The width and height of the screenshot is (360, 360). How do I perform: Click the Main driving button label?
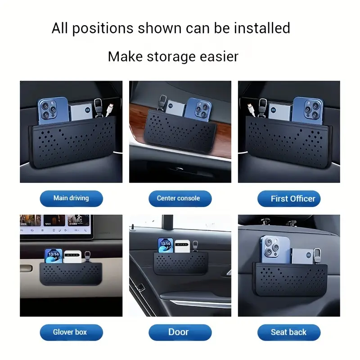coord(71,198)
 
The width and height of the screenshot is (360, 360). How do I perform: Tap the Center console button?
coord(180,198)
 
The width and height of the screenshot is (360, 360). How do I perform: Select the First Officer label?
coord(289,198)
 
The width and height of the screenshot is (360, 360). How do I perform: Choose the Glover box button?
coord(71,332)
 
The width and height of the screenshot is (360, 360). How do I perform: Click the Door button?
coord(180,332)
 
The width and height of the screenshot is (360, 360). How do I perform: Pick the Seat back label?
coord(289,332)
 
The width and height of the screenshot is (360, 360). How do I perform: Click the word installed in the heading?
coord(262,28)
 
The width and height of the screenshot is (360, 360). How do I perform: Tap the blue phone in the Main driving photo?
coord(53,111)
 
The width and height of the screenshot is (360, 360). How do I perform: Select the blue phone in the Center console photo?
coord(198,109)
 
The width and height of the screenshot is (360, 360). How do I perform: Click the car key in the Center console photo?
coord(162,103)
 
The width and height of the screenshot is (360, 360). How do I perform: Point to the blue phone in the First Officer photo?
coord(308,109)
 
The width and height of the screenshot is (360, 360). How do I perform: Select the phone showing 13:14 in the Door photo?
coord(165,245)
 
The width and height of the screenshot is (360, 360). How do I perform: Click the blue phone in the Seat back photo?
coord(275,249)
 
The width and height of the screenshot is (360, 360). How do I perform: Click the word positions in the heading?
coord(103,28)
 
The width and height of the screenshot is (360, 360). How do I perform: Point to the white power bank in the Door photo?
coord(182,246)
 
